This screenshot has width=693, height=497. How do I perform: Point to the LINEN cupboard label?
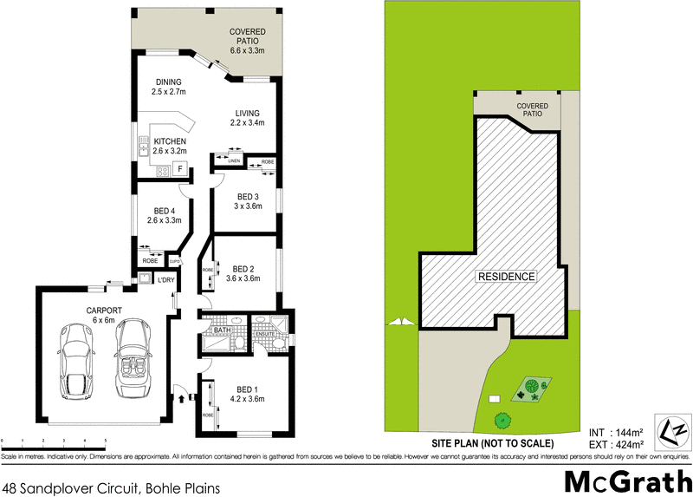coord(234,161)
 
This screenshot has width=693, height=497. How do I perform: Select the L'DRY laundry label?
coord(166,279)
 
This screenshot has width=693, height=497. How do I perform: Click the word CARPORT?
coord(103,310)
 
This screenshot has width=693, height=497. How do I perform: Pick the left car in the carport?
coord(72,364)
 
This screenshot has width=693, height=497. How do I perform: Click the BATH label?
coord(221,330)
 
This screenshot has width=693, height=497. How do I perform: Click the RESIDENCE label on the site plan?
coord(506,277)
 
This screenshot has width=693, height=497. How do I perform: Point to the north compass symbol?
coord(673,429)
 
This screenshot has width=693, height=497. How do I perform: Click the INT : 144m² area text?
coord(615,431)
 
